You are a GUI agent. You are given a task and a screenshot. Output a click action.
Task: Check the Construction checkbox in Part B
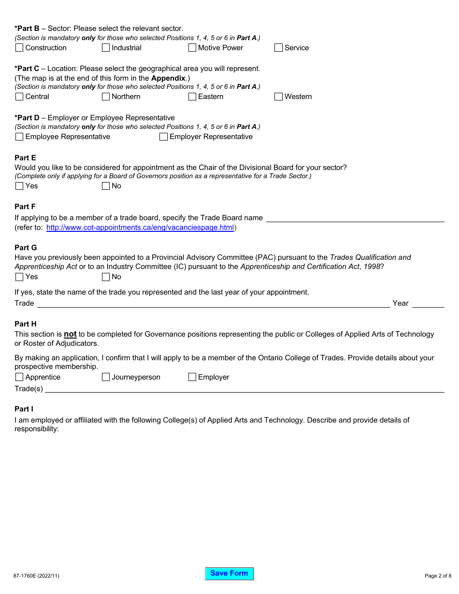pos(19,48)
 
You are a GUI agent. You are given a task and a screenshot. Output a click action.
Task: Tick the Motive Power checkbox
pos(192,48)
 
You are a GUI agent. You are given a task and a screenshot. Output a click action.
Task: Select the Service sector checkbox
pos(278,48)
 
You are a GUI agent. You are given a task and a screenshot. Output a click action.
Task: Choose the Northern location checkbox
pos(106,97)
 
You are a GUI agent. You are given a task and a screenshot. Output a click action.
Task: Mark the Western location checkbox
pos(278,97)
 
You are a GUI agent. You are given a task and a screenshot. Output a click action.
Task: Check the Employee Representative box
pos(19,137)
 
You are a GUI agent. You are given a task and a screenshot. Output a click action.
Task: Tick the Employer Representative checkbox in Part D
pos(164,137)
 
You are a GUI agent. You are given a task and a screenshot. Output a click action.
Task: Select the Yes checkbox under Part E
pos(19,186)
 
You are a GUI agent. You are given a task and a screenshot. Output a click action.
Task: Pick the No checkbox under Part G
pos(106,277)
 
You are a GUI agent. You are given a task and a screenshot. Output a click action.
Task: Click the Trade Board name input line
pos(355,218)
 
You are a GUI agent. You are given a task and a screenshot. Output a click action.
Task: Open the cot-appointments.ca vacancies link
pos(140,227)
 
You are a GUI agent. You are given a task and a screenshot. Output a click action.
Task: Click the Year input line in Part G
pos(428,303)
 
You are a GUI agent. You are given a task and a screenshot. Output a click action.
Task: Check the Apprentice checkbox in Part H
pos(19,377)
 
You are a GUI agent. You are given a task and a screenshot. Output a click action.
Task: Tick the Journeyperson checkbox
pos(106,377)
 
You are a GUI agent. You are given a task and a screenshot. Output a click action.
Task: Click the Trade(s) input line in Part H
pos(244,389)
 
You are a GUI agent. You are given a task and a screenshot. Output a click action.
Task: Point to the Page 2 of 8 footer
pos(438,575)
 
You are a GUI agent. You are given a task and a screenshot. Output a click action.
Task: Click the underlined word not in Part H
pos(70,334)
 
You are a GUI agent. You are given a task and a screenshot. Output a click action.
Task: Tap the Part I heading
pos(24,409)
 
